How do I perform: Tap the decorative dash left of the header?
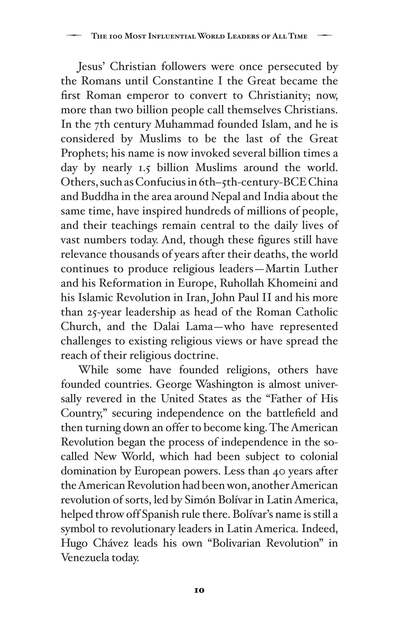[x=74, y=36]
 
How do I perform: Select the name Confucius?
[x=158, y=182]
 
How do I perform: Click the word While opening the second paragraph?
[x=93, y=370]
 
